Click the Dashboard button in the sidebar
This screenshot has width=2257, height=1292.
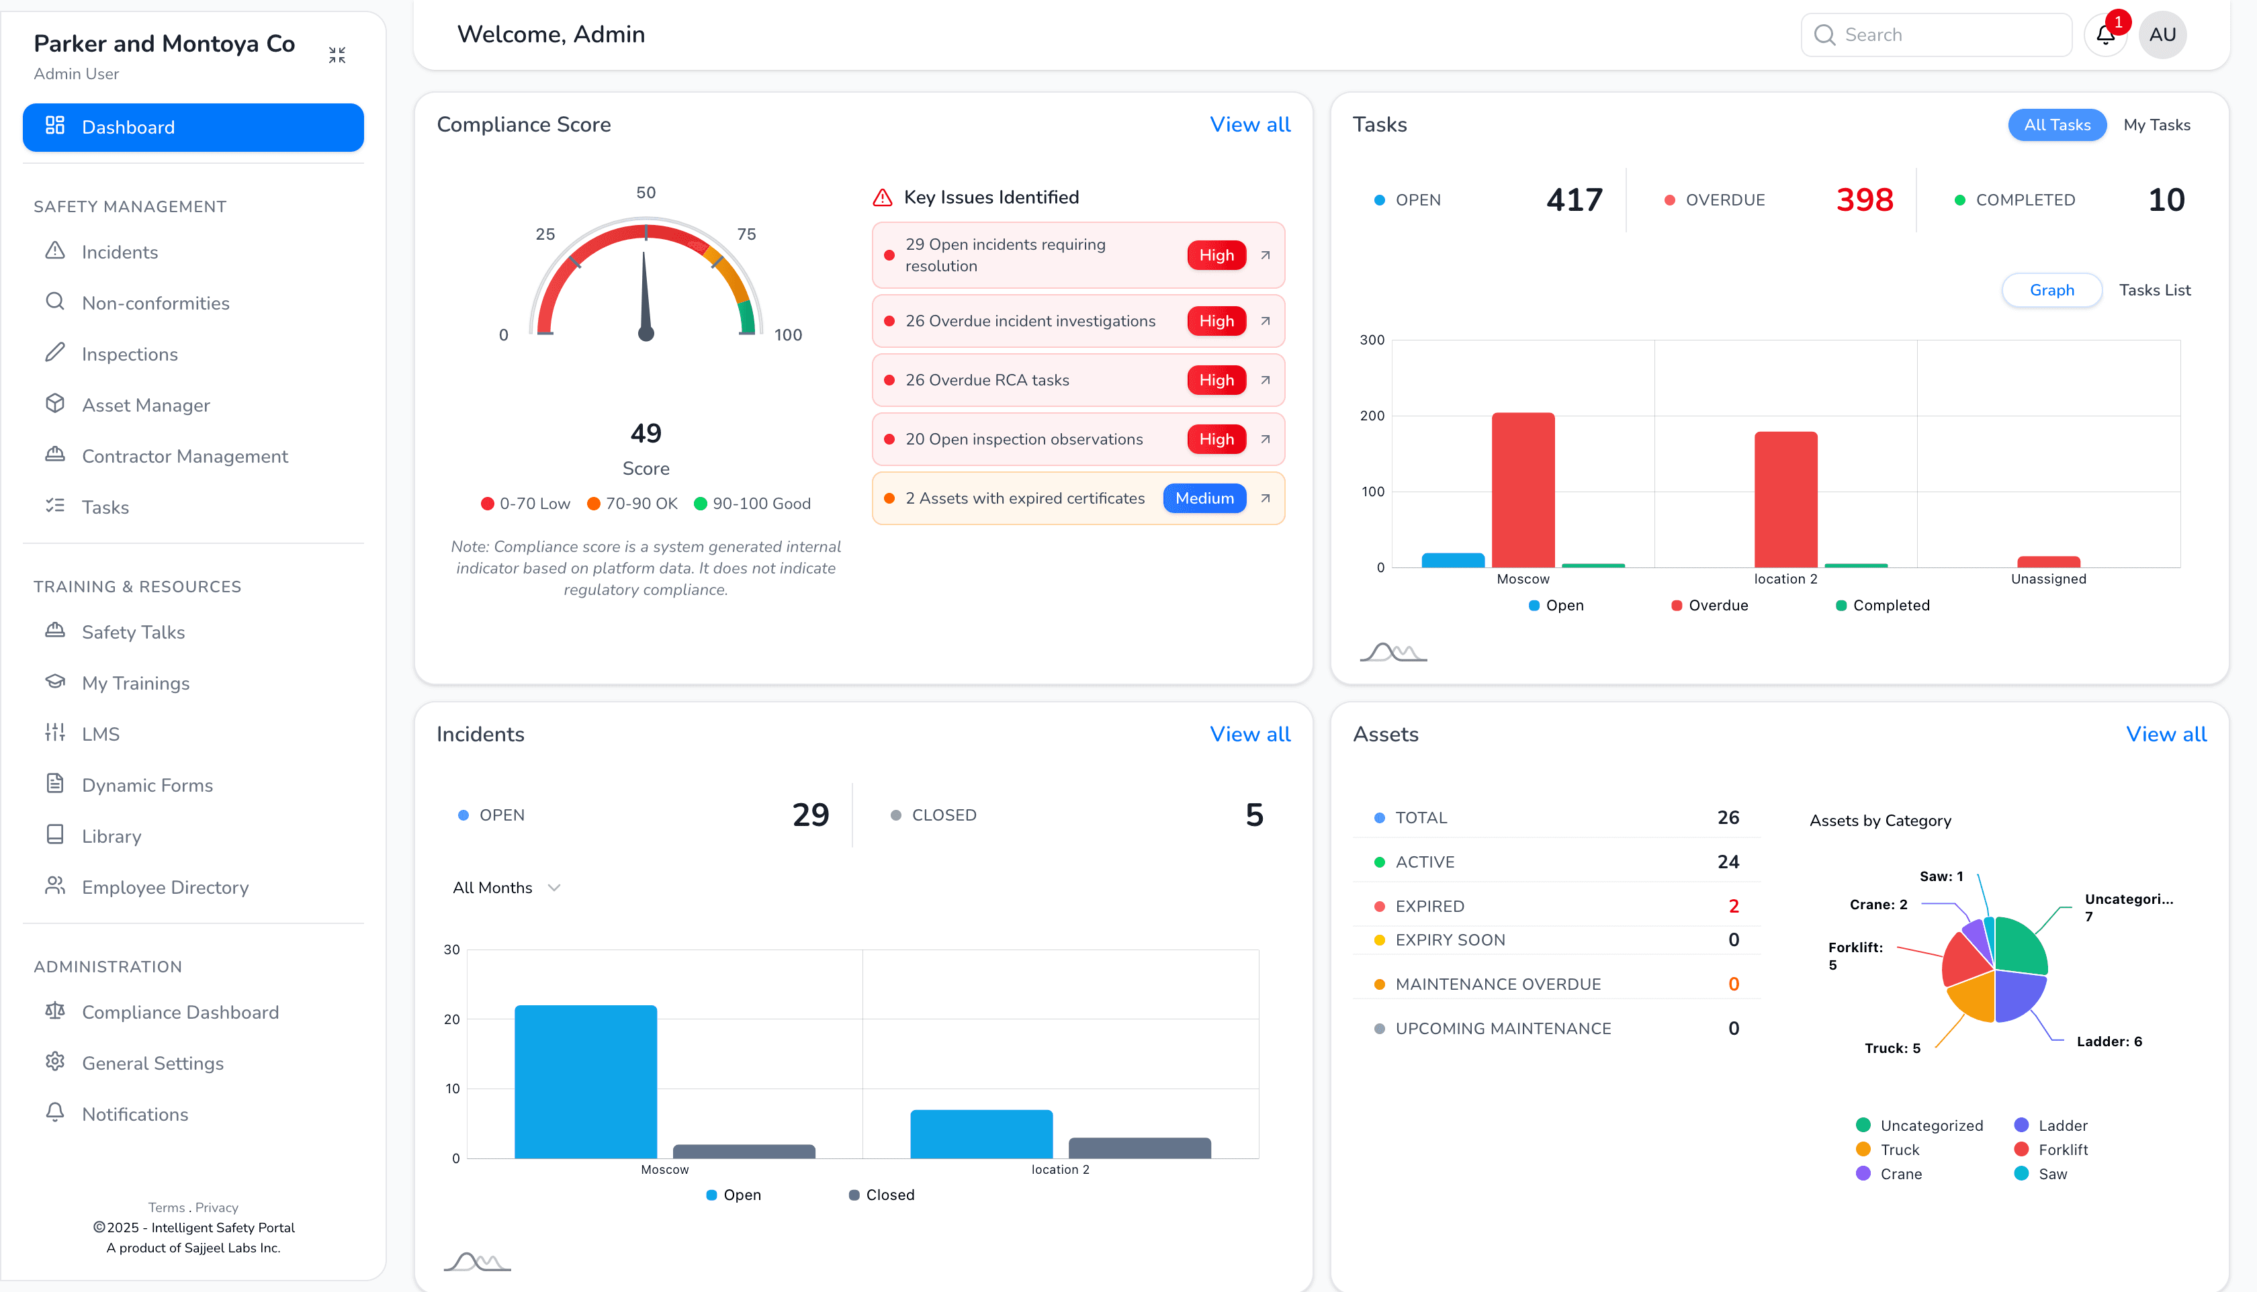point(193,127)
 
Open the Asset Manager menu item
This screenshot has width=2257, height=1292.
point(146,406)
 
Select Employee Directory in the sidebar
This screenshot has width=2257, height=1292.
point(165,887)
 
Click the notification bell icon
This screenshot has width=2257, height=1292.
point(2105,35)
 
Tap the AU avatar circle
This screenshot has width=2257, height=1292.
point(2162,35)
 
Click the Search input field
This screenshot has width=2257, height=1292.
point(1948,35)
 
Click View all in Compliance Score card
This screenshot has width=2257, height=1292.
point(1249,124)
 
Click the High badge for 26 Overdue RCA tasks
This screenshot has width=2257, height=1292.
point(1216,380)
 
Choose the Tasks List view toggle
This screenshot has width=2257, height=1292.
point(2154,290)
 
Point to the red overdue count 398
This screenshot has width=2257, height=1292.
point(1864,199)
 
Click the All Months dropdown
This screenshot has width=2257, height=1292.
point(506,887)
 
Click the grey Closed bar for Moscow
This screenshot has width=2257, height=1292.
point(744,1151)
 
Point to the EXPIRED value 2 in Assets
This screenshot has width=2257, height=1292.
point(1732,906)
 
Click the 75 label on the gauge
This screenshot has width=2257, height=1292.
point(746,234)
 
